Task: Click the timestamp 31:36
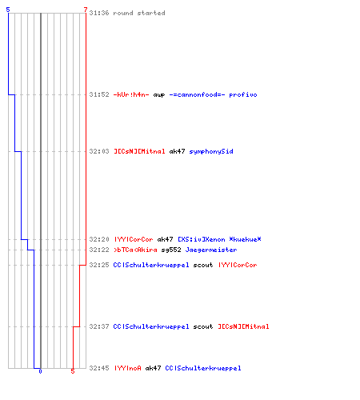coord(99,13)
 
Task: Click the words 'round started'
coord(139,13)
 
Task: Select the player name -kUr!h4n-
coord(131,94)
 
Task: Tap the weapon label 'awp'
coord(159,95)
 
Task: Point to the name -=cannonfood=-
coord(197,94)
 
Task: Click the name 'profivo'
coord(243,94)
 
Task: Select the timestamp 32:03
coord(99,151)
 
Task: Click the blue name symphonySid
coord(211,151)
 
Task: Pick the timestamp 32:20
coord(99,239)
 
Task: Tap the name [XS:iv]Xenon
coord(202,239)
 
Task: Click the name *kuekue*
coord(245,239)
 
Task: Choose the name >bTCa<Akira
coord(135,250)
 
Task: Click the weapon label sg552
coord(171,250)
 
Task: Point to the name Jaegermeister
coord(211,250)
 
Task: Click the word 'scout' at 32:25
coord(203,265)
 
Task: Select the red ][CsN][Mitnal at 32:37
coord(243,326)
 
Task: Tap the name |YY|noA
coord(128,368)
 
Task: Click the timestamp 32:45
coord(99,368)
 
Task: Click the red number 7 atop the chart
coord(86,10)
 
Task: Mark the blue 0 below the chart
coord(40,371)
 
